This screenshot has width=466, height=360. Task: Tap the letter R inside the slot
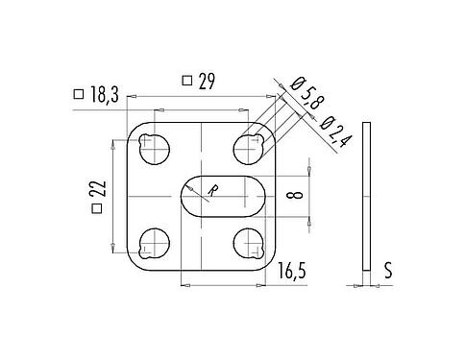click(x=213, y=191)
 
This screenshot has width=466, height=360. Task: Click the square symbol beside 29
click(x=185, y=83)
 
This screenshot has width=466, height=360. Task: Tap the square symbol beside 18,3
click(x=78, y=94)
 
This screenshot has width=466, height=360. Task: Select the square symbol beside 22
click(x=96, y=209)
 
